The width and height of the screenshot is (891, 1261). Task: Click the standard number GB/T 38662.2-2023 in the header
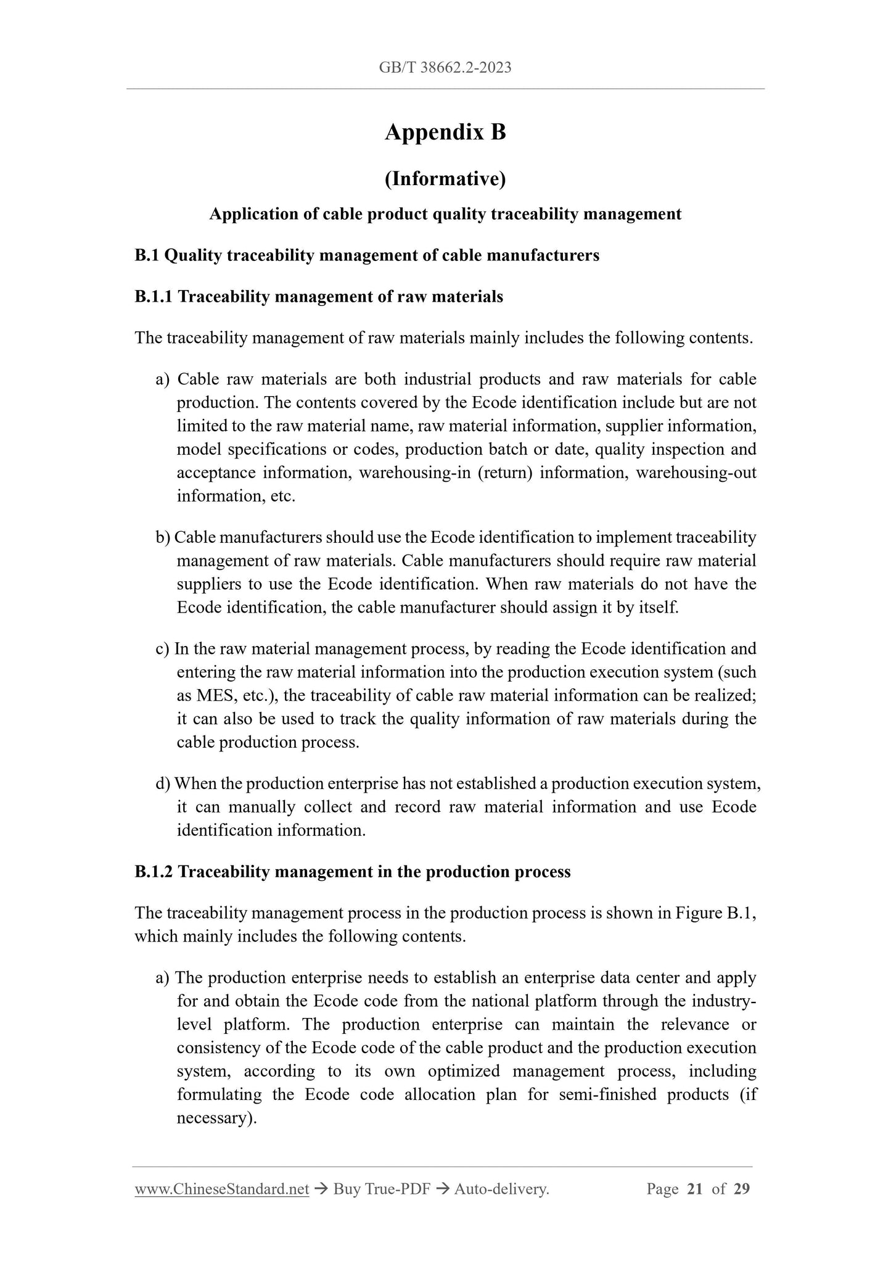pos(445,68)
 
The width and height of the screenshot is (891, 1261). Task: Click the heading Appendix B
pos(445,132)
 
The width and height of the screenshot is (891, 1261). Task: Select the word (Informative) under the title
pos(445,179)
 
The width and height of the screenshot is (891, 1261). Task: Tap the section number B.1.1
pos(154,297)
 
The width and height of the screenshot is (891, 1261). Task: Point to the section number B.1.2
pos(154,872)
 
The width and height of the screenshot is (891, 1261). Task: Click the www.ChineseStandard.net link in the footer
pos(221,1189)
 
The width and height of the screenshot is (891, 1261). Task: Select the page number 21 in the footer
pos(694,1189)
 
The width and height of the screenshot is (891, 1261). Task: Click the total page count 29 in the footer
pos(742,1189)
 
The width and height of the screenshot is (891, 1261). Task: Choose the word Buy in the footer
pos(346,1189)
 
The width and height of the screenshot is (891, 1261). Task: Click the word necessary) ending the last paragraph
pos(216,1118)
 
